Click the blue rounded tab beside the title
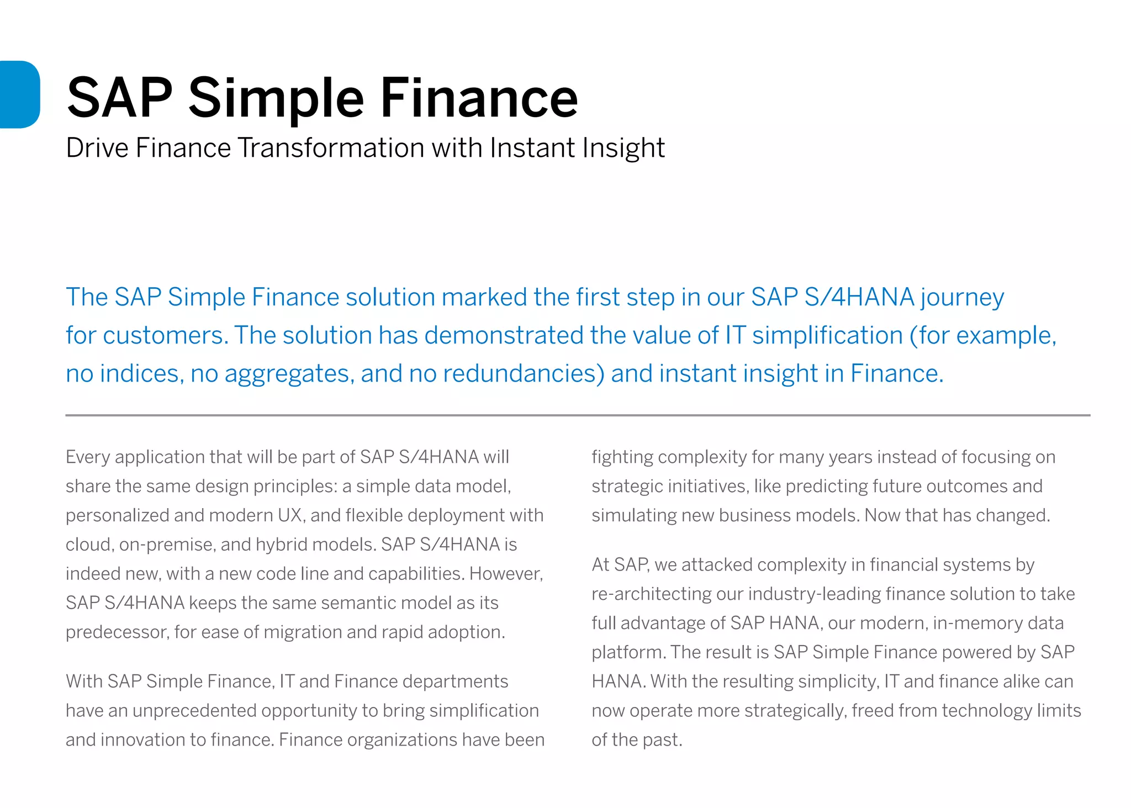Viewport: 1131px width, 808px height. point(20,94)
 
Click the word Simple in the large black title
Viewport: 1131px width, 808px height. point(276,98)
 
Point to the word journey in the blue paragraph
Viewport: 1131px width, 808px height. point(962,298)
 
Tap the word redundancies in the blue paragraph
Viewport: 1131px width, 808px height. point(524,373)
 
